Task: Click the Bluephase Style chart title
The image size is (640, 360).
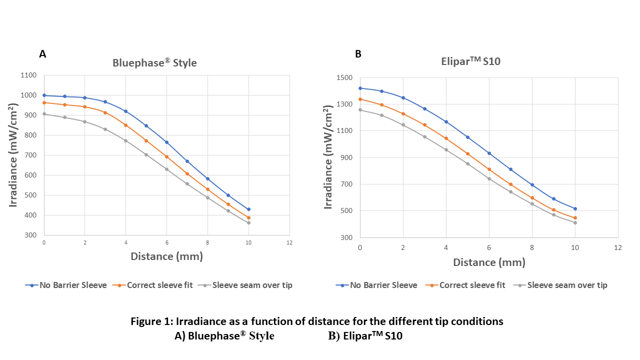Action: click(x=154, y=63)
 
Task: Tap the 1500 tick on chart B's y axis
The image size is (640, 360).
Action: click(x=344, y=78)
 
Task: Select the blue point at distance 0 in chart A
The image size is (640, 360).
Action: click(x=44, y=95)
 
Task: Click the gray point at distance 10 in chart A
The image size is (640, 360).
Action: click(x=248, y=222)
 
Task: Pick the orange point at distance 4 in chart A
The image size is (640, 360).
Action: click(x=125, y=125)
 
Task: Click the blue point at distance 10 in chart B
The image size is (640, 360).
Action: click(x=575, y=208)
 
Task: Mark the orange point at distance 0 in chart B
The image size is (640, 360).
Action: click(x=360, y=99)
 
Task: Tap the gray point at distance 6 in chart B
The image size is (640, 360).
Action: click(x=489, y=178)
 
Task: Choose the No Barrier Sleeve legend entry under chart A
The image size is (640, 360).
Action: click(x=66, y=285)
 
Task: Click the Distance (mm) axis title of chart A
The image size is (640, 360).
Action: click(x=166, y=256)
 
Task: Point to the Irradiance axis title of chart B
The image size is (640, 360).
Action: click(x=328, y=157)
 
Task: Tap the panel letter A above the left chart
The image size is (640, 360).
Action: click(x=42, y=54)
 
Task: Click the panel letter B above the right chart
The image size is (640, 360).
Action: click(x=358, y=54)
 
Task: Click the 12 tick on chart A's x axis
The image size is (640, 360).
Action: click(x=289, y=242)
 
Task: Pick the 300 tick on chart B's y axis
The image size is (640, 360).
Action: click(x=346, y=237)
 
